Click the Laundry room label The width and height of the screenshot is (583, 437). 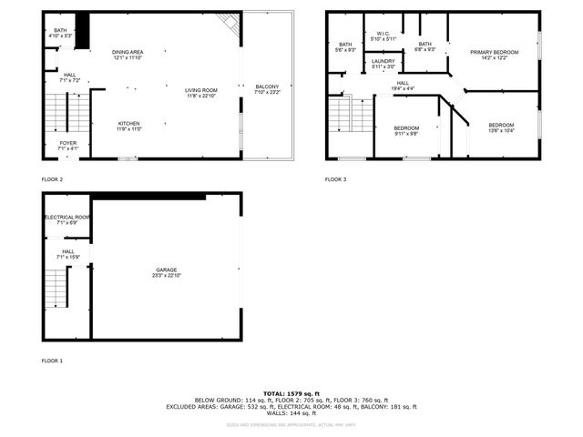click(x=384, y=64)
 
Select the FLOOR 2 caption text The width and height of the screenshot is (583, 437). click(x=52, y=179)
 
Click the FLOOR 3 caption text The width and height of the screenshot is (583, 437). click(x=336, y=179)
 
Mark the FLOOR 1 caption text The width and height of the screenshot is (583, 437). click(x=52, y=361)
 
